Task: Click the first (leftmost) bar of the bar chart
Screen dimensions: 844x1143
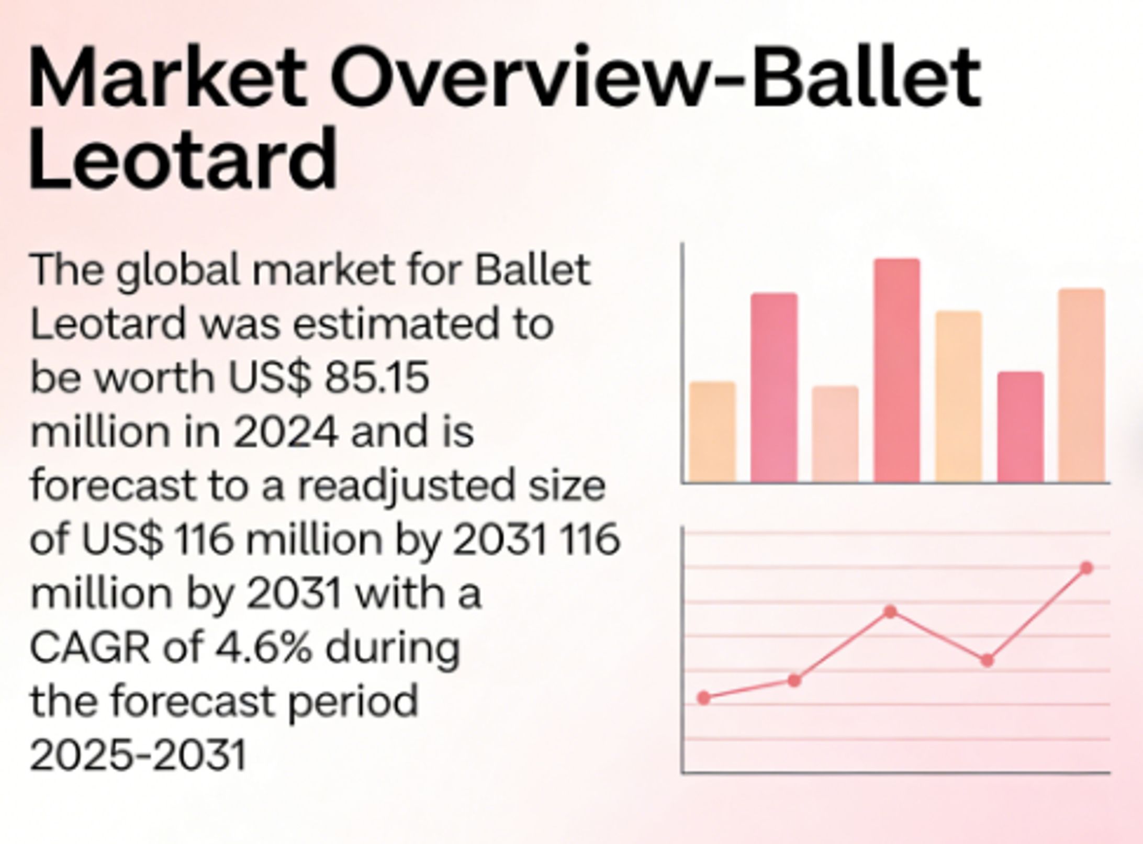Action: click(712, 432)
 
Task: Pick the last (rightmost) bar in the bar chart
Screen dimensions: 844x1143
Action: click(1081, 385)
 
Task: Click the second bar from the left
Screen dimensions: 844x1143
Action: click(774, 387)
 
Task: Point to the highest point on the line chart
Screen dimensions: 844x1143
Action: click(1086, 568)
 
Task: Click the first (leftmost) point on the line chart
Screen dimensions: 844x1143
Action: click(704, 698)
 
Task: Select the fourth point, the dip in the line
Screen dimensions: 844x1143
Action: click(987, 660)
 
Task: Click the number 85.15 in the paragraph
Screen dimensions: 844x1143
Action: click(377, 377)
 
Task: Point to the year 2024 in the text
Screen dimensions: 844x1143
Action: click(285, 432)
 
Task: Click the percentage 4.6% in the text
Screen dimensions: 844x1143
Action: click(264, 648)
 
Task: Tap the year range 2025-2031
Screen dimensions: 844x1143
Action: click(138, 756)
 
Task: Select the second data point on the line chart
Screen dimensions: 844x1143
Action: click(794, 681)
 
